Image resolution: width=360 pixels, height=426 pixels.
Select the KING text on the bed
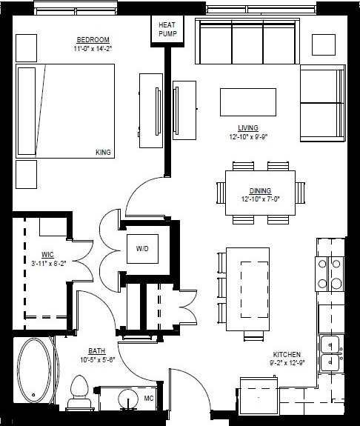[103, 153]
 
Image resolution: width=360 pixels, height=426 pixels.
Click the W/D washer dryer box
[141, 248]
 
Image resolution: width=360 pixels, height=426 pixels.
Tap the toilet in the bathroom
[79, 392]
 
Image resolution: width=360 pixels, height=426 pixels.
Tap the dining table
[259, 193]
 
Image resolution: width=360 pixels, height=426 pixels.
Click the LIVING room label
[248, 127]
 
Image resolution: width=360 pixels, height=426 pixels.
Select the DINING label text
[260, 190]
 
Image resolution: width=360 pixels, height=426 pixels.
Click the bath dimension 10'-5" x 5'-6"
[97, 360]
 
